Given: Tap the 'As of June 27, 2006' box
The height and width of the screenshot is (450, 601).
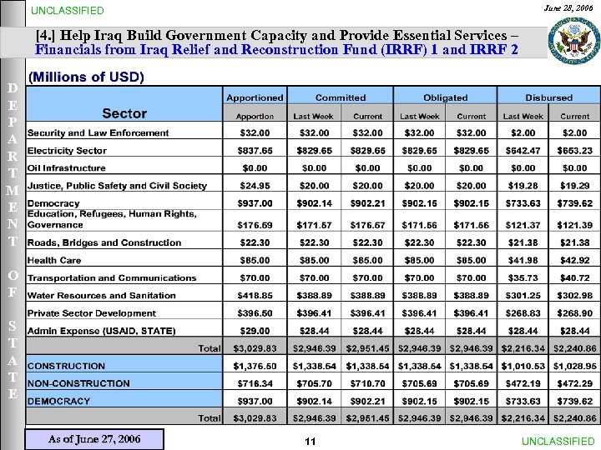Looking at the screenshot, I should click(x=94, y=439).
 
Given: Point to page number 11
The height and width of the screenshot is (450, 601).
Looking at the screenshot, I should click(x=310, y=442).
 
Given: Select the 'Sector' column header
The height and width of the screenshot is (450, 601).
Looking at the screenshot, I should click(x=124, y=113).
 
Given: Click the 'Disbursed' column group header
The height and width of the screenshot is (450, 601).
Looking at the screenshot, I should click(x=548, y=97).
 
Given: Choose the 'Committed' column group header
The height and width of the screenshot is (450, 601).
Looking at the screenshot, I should click(x=341, y=97).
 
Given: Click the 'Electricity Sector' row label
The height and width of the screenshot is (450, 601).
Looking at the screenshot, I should click(x=67, y=151).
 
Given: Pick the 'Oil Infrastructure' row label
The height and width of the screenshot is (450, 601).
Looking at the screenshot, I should click(x=67, y=168).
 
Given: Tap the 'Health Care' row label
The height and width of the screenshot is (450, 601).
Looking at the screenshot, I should click(x=54, y=260).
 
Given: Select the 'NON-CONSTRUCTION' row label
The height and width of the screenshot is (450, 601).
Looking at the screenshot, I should click(x=78, y=383).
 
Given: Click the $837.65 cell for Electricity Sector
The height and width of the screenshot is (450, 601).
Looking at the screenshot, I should click(x=255, y=151).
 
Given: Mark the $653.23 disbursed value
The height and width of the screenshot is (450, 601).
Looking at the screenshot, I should click(x=574, y=151).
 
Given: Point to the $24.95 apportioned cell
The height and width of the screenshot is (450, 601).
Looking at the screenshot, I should click(x=255, y=186).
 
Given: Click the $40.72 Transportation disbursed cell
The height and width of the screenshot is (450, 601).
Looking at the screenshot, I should click(x=574, y=277).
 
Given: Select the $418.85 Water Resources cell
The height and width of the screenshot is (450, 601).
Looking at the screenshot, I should click(x=255, y=295).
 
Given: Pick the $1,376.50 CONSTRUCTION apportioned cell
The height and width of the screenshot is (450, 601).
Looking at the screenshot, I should click(x=255, y=366).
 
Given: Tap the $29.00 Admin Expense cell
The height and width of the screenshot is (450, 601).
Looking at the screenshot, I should click(x=255, y=330).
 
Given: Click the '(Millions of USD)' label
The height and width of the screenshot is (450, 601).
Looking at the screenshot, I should click(x=86, y=77).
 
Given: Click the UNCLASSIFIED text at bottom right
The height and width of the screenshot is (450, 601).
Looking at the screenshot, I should click(x=558, y=441).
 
